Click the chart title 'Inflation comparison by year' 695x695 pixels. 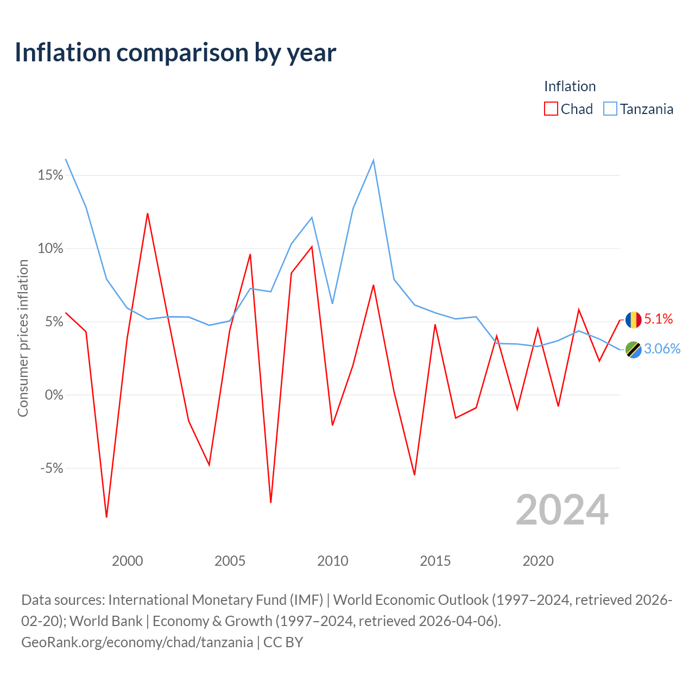[175, 53]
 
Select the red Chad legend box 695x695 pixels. [551, 109]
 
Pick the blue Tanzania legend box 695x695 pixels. [610, 109]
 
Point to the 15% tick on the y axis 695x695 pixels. [50, 175]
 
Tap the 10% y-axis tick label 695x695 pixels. [50, 249]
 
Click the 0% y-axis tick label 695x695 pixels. [54, 395]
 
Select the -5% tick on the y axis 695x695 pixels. [52, 468]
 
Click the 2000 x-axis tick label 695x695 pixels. [127, 561]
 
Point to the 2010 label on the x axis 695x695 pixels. [332, 561]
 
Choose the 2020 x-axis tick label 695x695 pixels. [538, 561]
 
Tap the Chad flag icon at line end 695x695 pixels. [633, 320]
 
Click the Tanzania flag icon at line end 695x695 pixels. [633, 350]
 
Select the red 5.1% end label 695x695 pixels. [658, 319]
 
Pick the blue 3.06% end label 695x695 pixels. [662, 349]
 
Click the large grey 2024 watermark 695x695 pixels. [562, 510]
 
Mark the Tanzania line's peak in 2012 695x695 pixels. [373, 160]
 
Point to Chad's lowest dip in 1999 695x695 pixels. [107, 517]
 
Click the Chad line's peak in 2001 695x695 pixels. [148, 213]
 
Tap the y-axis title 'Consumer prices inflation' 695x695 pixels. [23, 338]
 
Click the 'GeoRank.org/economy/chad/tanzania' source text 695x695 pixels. [137, 642]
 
